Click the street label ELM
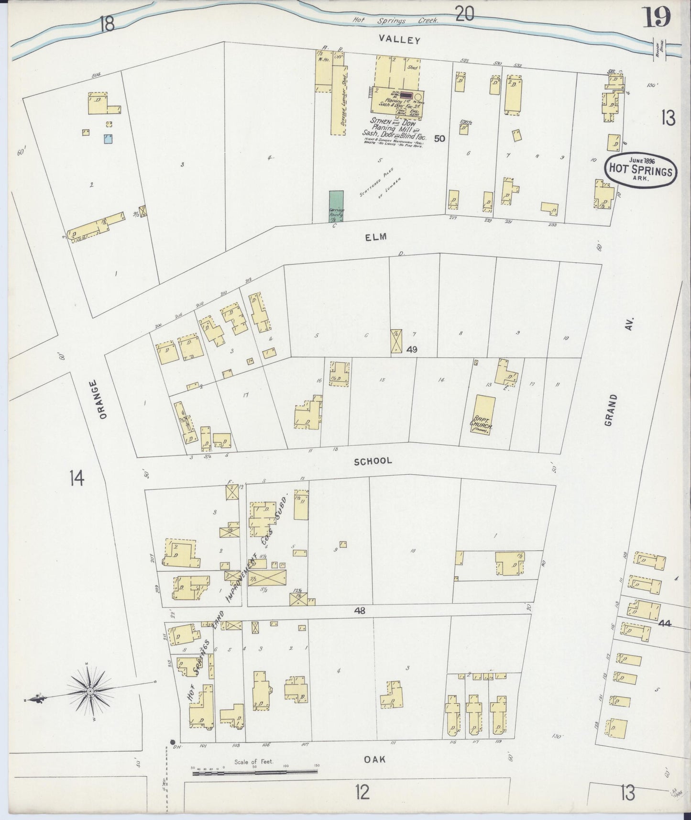tap(375, 237)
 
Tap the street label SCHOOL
tap(373, 461)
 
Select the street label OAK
tap(374, 759)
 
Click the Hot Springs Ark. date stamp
tap(640, 168)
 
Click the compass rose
tap(90, 691)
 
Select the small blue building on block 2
tap(109, 139)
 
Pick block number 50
tap(439, 139)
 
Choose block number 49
tap(411, 350)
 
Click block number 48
tap(360, 610)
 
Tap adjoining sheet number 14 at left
tap(77, 478)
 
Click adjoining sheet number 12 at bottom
tap(362, 793)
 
